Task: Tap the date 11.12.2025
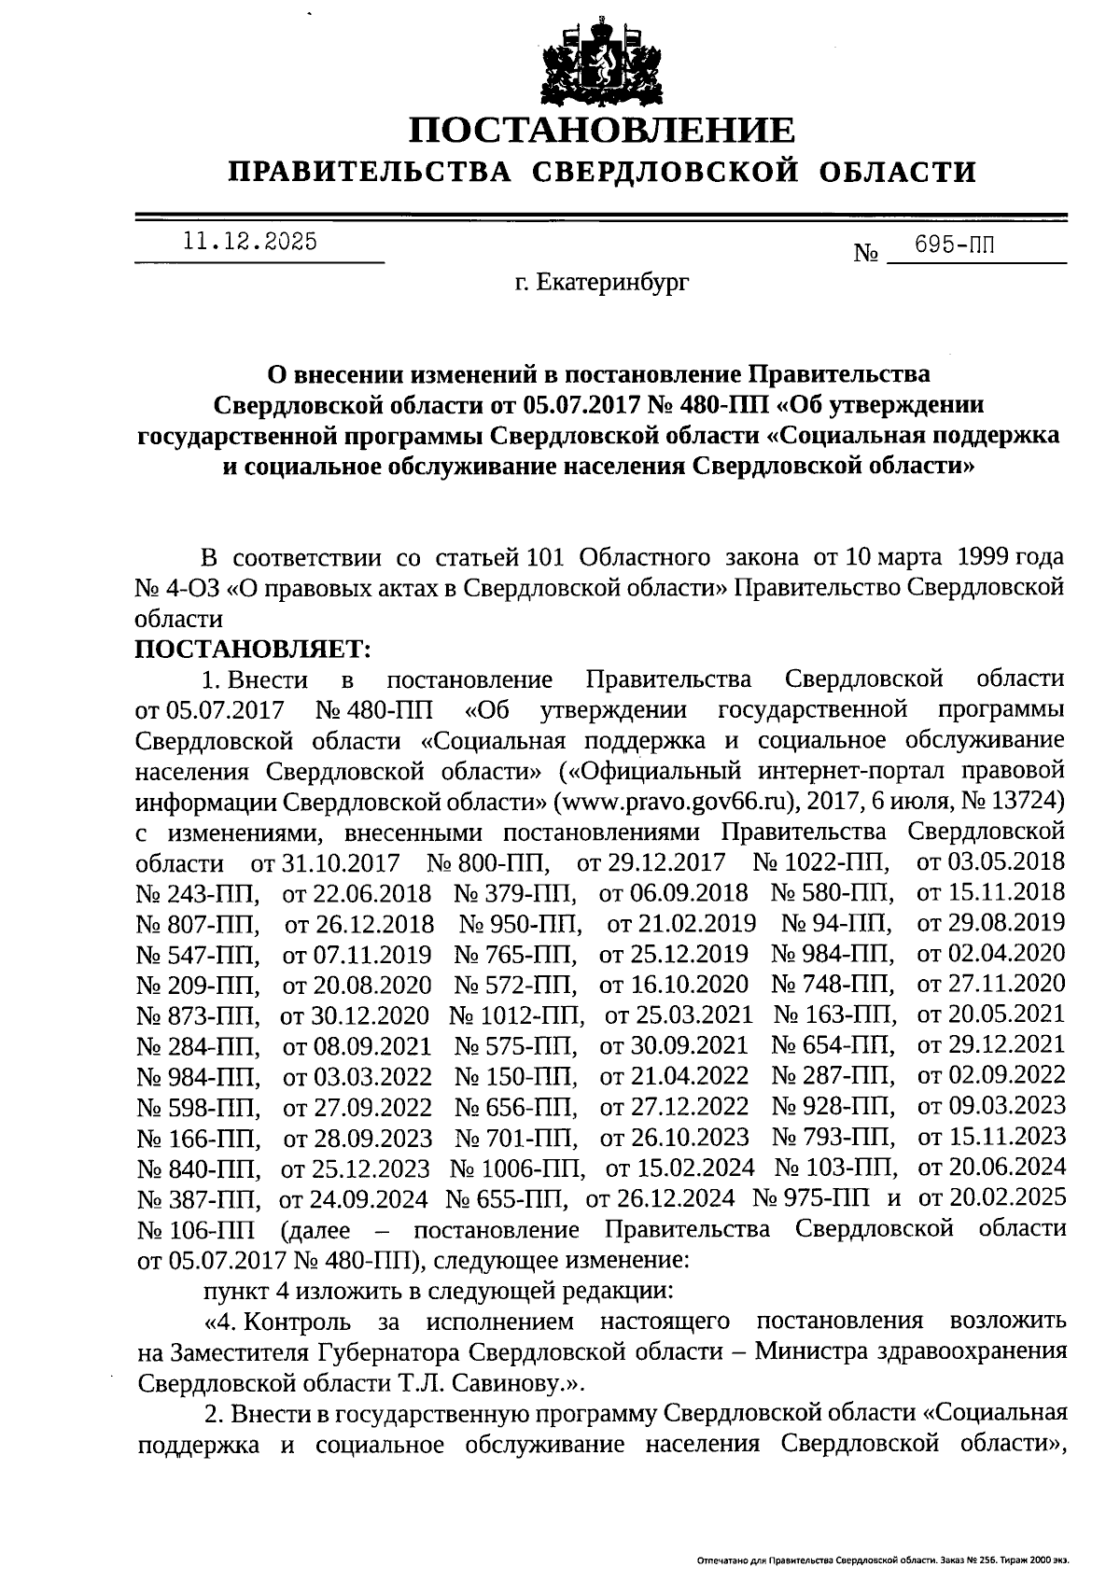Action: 250,242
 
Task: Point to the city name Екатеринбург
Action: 613,281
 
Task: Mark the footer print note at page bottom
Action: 882,1560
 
